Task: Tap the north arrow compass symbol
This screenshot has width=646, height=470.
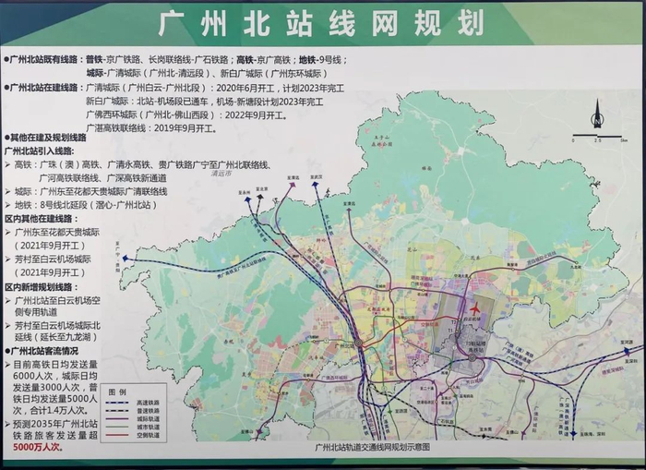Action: tap(597, 114)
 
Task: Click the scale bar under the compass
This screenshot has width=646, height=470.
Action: tap(596, 138)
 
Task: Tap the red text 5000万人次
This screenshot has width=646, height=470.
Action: tap(38, 445)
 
